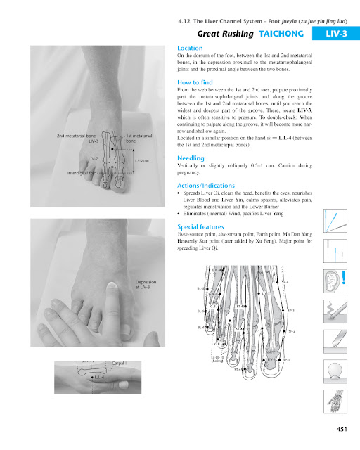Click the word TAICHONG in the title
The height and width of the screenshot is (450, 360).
(285, 33)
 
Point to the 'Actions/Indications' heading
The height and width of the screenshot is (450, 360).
(208, 185)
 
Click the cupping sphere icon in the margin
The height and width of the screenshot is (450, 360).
(338, 368)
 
